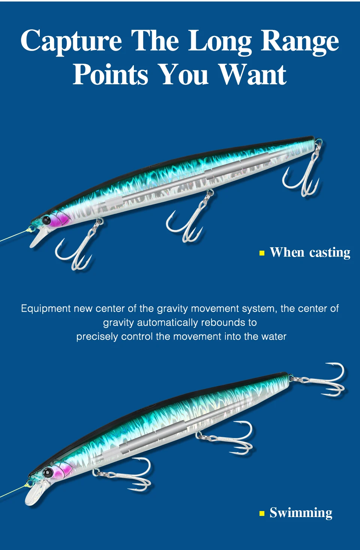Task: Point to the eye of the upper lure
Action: pyautogui.click(x=46, y=220)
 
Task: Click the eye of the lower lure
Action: pyautogui.click(x=47, y=472)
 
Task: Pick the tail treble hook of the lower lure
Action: pyautogui.click(x=319, y=380)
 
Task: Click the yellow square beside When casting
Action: pyautogui.click(x=262, y=253)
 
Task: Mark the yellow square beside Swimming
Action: pyautogui.click(x=262, y=513)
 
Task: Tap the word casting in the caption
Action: pyautogui.click(x=330, y=253)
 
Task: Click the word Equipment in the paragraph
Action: pyautogui.click(x=46, y=309)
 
